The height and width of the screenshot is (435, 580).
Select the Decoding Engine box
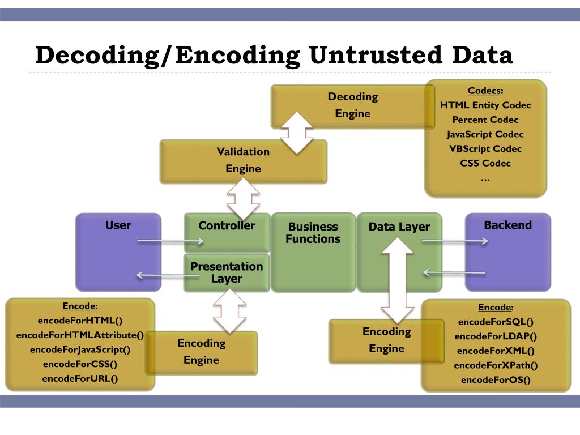(352, 105)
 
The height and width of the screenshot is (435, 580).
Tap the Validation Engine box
(243, 160)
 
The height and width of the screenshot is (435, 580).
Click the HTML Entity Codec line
(485, 105)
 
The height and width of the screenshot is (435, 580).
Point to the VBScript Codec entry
(485, 149)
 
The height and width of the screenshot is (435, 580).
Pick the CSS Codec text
(485, 163)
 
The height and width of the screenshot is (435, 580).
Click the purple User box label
(118, 225)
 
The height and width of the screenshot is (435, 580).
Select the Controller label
(227, 225)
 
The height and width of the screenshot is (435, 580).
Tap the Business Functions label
(313, 233)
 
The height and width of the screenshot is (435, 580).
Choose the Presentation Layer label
(227, 272)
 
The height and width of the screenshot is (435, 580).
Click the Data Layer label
(399, 227)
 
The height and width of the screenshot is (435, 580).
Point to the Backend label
(507, 225)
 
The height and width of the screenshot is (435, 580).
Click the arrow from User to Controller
(170, 242)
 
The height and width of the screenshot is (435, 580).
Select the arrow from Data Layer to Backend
(455, 241)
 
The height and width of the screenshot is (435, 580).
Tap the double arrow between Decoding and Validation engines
(297, 133)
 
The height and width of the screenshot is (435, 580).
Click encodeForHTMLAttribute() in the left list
(80, 335)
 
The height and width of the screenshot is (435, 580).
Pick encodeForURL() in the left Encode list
(80, 379)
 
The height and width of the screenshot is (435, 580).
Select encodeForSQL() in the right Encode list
(496, 322)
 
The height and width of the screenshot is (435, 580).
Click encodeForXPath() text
(496, 365)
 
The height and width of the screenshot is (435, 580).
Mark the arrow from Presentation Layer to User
(168, 276)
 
